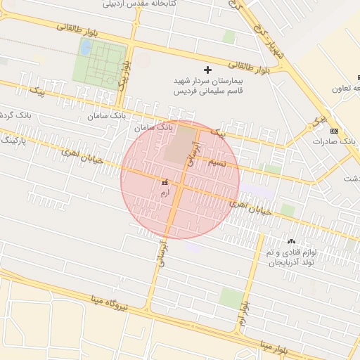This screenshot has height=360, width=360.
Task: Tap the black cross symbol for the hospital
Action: pyautogui.click(x=207, y=70)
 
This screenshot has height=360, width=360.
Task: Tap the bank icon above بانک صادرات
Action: pyautogui.click(x=333, y=131)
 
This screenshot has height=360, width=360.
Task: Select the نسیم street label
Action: pyautogui.click(x=219, y=162)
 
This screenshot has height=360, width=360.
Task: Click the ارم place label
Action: pyautogui.click(x=165, y=191)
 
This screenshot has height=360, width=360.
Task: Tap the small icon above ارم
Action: pyautogui.click(x=165, y=181)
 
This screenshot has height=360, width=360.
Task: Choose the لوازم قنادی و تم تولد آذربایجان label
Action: pyautogui.click(x=291, y=257)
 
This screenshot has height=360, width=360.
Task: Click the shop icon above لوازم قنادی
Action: pyautogui.click(x=291, y=242)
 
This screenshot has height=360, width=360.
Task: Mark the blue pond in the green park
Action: pyautogui.click(x=85, y=47)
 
